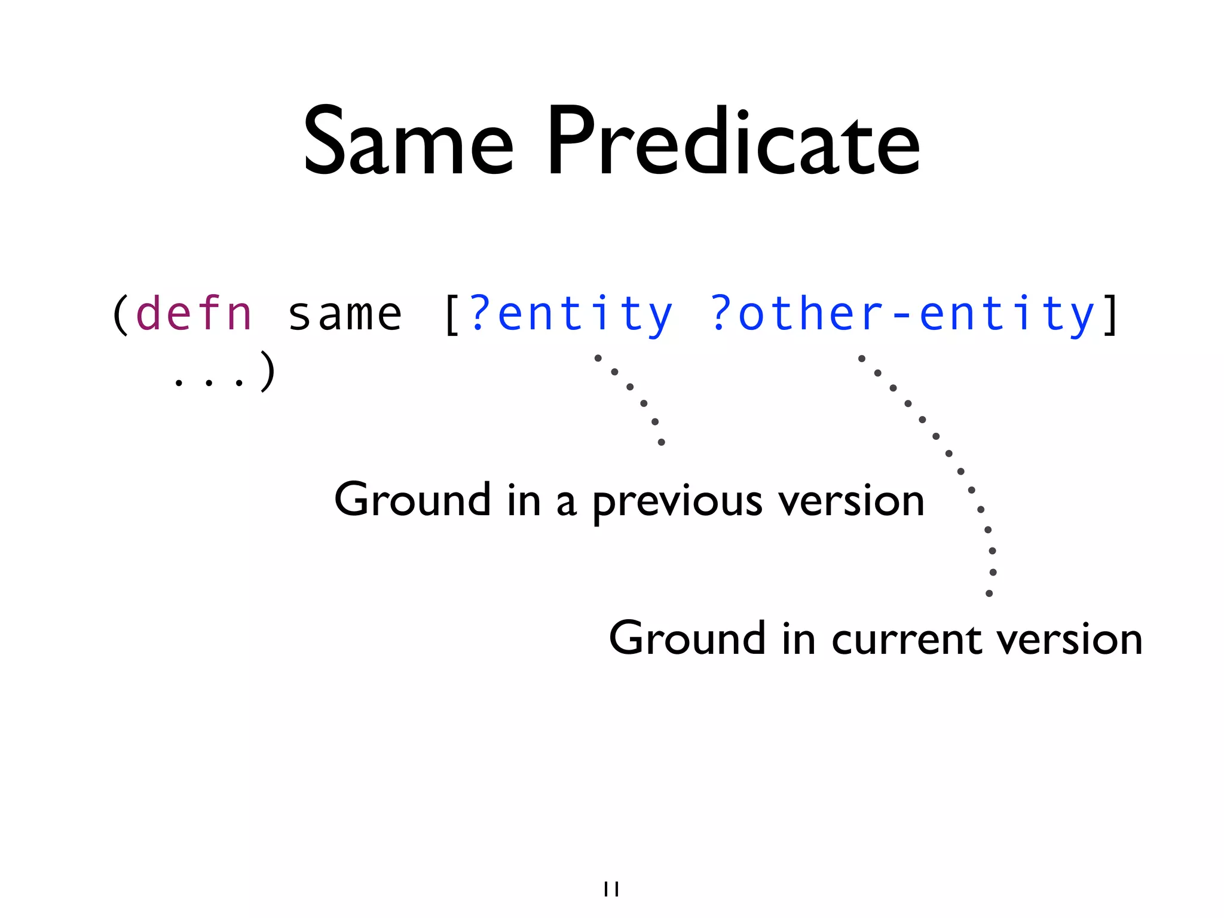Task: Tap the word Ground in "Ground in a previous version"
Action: pos(412,500)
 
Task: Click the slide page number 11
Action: pos(611,889)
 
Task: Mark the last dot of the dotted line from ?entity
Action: pos(661,442)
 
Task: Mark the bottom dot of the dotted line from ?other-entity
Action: pos(989,593)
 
